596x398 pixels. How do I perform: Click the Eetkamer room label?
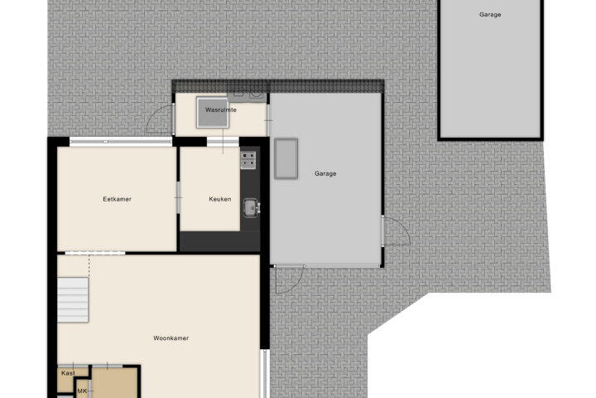pyautogui.click(x=117, y=199)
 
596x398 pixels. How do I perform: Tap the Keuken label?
pyautogui.click(x=220, y=199)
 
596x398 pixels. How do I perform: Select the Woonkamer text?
pyautogui.click(x=171, y=338)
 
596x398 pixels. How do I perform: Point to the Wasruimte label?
pyautogui.click(x=221, y=110)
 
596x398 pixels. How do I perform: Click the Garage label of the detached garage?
pyautogui.click(x=490, y=15)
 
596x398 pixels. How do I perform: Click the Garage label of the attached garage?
pyautogui.click(x=325, y=173)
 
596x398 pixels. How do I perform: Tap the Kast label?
pyautogui.click(x=68, y=373)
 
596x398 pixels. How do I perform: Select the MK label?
pyautogui.click(x=82, y=391)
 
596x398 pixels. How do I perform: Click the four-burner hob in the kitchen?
pyautogui.click(x=248, y=160)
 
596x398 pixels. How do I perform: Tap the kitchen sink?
pyautogui.click(x=252, y=208)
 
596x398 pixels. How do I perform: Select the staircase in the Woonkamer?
pyautogui.click(x=73, y=300)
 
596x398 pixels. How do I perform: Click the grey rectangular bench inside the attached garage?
pyautogui.click(x=286, y=158)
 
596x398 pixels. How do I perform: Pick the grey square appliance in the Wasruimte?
pyautogui.click(x=213, y=113)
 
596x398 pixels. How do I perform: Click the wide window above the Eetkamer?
pyautogui.click(x=121, y=142)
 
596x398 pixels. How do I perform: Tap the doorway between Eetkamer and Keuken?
pyautogui.click(x=178, y=197)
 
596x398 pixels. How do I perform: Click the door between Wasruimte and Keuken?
pyautogui.click(x=223, y=141)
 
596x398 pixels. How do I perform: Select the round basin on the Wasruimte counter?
pyautogui.click(x=257, y=94)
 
